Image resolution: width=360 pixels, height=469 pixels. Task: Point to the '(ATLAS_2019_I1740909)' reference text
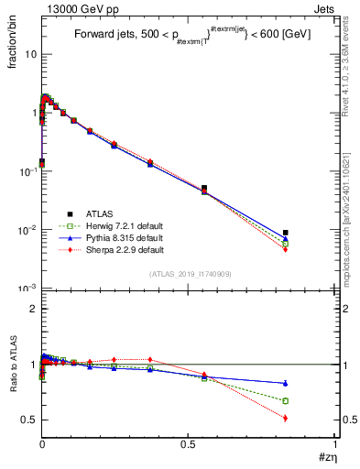point(189,274)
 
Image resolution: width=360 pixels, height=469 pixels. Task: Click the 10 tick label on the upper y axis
point(29,54)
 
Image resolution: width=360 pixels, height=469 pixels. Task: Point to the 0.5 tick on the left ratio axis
point(27,420)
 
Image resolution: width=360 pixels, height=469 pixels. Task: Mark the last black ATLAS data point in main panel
point(286,233)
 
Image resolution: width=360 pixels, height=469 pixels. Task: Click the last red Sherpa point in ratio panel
point(286,418)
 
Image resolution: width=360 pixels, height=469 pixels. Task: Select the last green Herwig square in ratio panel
point(286,400)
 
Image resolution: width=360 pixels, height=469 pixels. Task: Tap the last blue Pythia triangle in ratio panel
point(286,383)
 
